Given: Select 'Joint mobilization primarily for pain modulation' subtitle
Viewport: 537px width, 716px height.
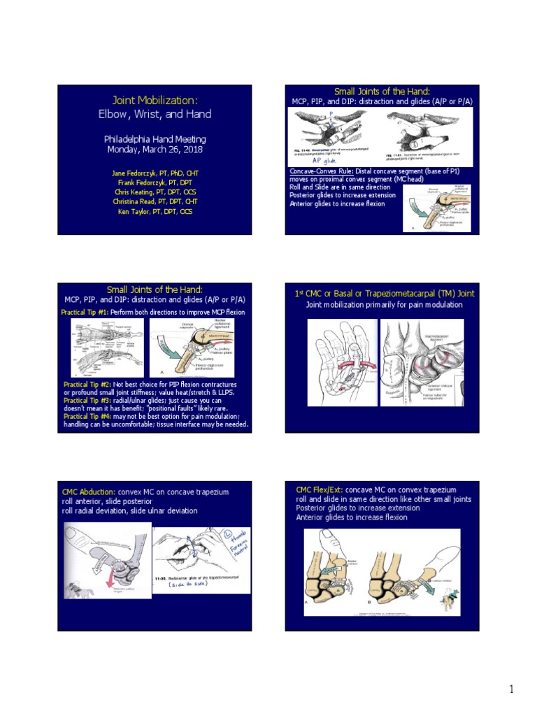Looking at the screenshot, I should pos(382,305).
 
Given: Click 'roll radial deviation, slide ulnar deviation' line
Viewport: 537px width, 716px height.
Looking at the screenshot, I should pos(130,510).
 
